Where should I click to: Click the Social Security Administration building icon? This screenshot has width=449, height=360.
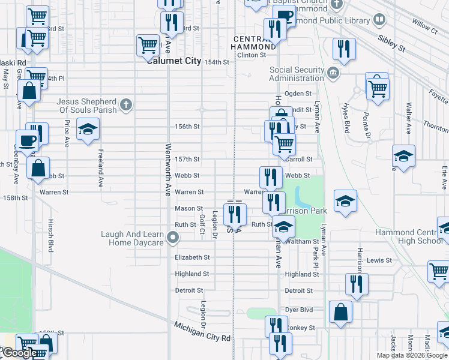[x=333, y=74]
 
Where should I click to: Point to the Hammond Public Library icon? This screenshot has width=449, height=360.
[x=379, y=20]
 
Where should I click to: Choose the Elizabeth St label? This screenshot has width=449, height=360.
[x=192, y=257]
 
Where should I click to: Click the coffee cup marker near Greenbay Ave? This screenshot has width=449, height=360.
[x=27, y=140]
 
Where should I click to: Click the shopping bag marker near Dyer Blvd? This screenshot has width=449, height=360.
[x=340, y=312]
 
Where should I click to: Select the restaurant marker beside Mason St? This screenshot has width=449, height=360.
[x=235, y=213]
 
